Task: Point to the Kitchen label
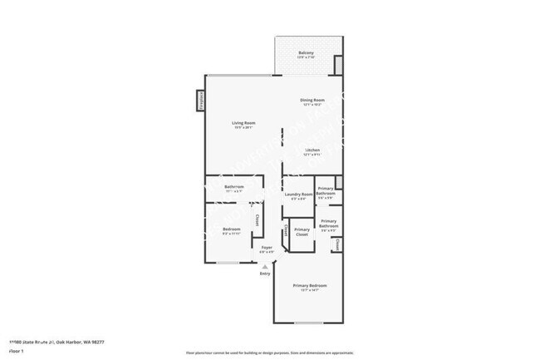point(312,151)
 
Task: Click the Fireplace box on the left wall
point(200,100)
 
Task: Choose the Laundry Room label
point(298,195)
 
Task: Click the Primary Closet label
point(302,231)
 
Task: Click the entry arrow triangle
point(265,266)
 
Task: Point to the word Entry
point(265,274)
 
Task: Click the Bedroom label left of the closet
point(232,230)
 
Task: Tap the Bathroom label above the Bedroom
point(234,188)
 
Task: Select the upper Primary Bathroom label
point(326,191)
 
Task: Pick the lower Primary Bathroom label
point(329,224)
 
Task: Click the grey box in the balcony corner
point(337,66)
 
